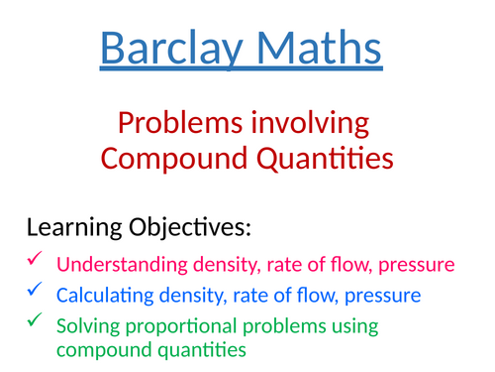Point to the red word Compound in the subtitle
click(172, 158)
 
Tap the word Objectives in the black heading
click(195, 229)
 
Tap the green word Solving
click(83, 326)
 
